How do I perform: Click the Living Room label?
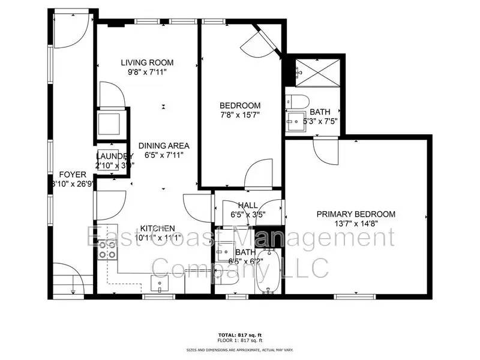coord(147,62)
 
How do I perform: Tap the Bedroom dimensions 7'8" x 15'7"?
coord(239,114)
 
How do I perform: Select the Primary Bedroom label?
coord(356,214)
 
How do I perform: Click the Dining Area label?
coord(164,146)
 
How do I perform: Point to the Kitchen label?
coord(157,228)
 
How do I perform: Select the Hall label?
coord(248,205)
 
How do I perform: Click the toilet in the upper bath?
coord(297,100)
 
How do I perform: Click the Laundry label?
coord(113,157)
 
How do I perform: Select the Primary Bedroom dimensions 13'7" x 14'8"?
coord(356,224)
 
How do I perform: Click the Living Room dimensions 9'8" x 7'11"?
coord(147,72)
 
